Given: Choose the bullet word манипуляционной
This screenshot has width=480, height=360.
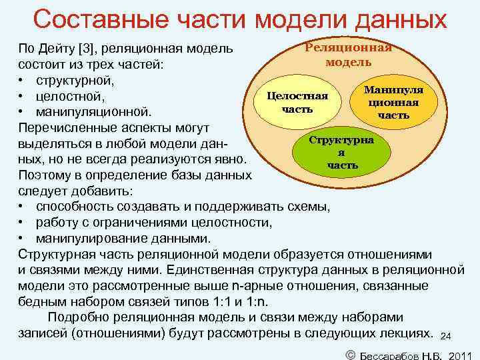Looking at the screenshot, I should [x=93, y=111].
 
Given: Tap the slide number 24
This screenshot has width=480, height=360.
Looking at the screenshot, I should [x=447, y=335].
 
